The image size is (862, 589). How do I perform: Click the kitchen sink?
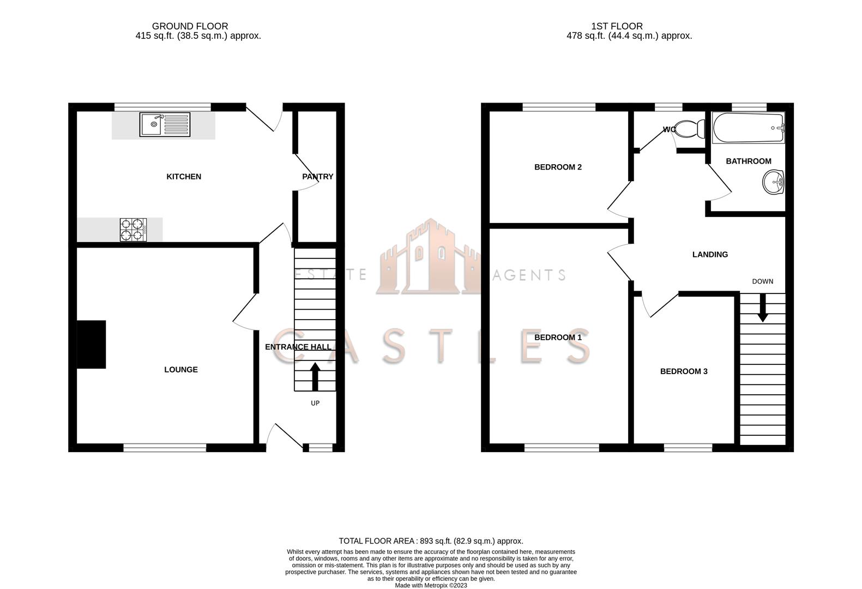165,124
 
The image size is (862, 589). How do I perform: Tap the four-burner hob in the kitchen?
133,230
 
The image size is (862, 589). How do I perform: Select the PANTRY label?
317,177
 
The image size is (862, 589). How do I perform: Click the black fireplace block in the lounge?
91,345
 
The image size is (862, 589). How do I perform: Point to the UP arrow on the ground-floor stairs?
315,376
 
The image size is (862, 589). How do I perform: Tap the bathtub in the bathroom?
748,128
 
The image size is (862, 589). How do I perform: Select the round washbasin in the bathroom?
773,182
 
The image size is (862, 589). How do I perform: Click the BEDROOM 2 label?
558,167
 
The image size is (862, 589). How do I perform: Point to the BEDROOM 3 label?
684,371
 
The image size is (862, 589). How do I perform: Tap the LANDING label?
710,255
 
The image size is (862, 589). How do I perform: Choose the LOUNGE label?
181,370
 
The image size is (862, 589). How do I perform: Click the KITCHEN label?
184,177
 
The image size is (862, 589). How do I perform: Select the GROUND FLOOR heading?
190,26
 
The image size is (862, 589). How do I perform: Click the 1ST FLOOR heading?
617,26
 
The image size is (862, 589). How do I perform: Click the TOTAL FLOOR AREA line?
431,541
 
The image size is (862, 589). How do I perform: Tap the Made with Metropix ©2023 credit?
431,586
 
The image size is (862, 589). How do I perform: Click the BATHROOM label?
749,161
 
